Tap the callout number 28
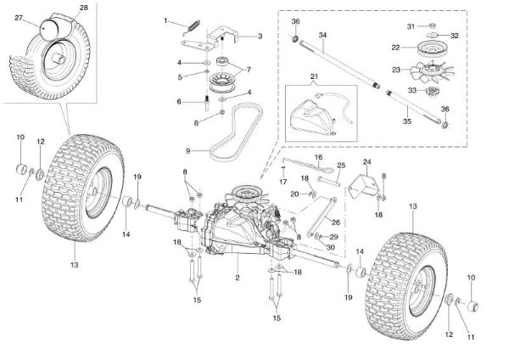pyautogui.click(x=82, y=8)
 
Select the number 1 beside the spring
pyautogui.click(x=167, y=20)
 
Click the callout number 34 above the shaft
pyautogui.click(x=322, y=34)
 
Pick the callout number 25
pyautogui.click(x=342, y=166)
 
